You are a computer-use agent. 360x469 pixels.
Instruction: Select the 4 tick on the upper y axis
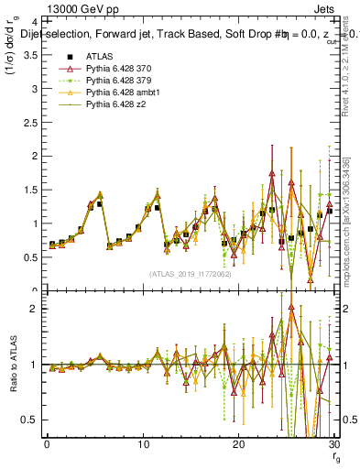tap(32, 20)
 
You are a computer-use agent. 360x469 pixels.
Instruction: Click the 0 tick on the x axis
tap(46, 444)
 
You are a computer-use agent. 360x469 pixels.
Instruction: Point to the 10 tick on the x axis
tap(142, 444)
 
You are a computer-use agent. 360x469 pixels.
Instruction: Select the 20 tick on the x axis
tap(238, 444)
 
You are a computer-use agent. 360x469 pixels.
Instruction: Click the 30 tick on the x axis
tap(333, 444)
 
